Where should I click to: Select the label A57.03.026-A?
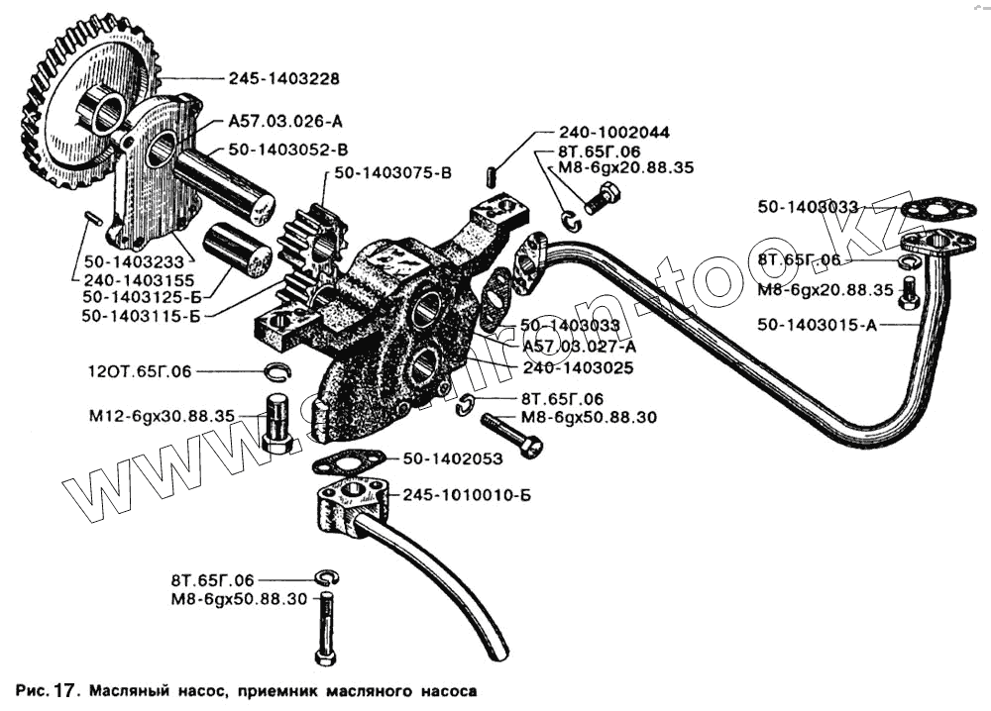click(x=285, y=122)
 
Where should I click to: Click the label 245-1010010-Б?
click(x=462, y=494)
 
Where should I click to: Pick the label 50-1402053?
click(x=452, y=459)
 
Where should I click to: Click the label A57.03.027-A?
click(x=578, y=346)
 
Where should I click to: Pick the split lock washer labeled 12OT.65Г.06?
click(x=276, y=373)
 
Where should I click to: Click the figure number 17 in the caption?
click(x=62, y=688)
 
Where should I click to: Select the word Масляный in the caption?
click(x=131, y=688)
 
